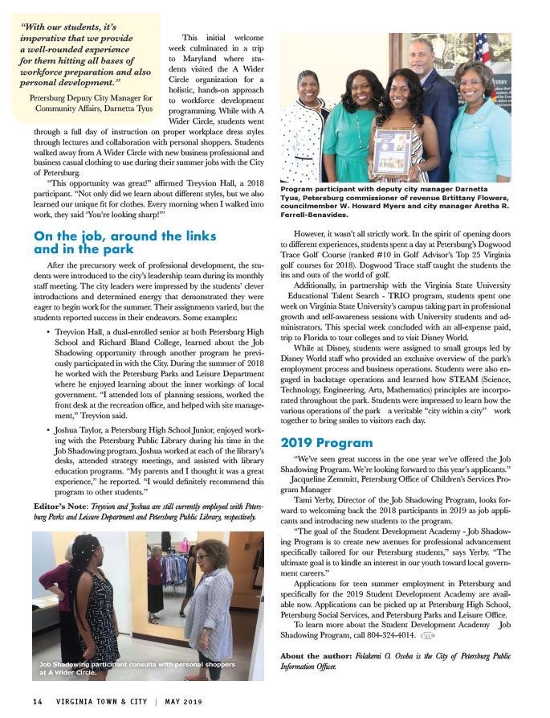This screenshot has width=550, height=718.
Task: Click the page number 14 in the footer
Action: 37,701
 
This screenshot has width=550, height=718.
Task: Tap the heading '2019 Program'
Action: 326,442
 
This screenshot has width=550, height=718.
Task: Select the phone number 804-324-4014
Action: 393,634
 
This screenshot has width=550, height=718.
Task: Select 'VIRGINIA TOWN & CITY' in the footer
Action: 100,701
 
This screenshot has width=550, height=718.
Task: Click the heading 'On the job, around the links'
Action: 124,236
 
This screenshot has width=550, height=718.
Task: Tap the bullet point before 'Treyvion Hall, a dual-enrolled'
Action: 50,331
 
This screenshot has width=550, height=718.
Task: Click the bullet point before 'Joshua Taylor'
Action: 50,432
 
